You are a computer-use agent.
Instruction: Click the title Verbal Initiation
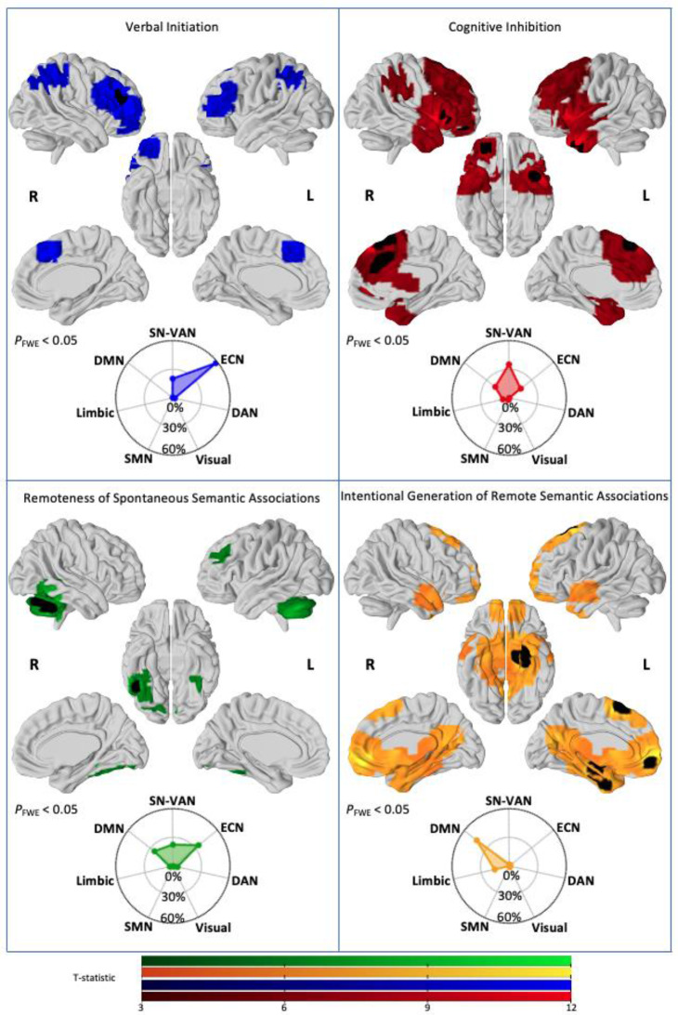tap(173, 27)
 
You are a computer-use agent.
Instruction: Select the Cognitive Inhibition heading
tap(509, 27)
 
